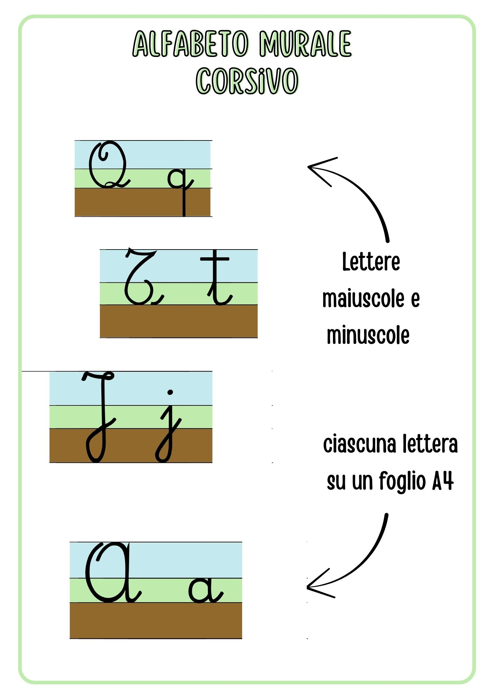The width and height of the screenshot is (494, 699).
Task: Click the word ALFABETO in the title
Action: coord(191,44)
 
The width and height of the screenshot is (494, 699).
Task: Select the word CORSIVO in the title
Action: coord(247,81)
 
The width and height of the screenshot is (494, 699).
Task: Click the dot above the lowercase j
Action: coord(170,392)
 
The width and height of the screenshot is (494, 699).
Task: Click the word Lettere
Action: coord(371,262)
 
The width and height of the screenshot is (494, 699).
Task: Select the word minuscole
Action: coord(368,335)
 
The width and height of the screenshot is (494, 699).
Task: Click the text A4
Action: coord(443,481)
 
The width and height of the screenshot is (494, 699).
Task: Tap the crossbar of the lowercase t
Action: coord(215,259)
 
